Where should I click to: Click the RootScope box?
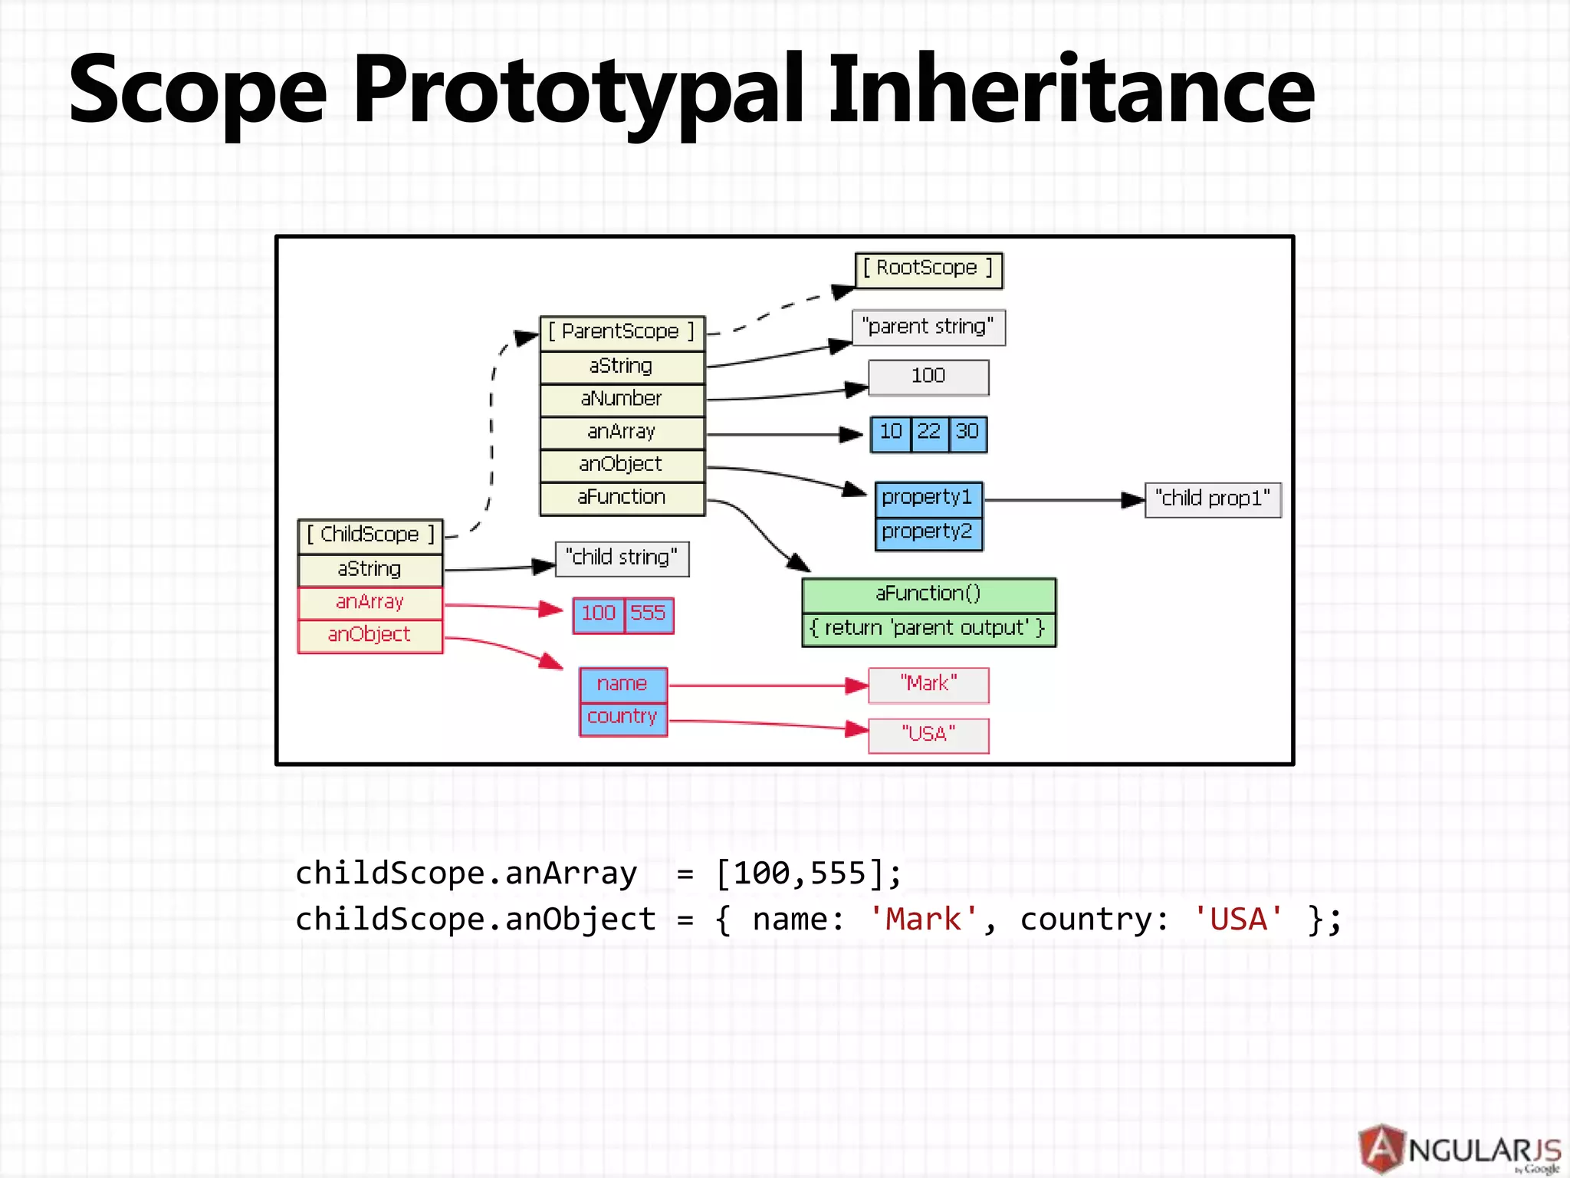tap(928, 269)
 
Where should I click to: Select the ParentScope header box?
tap(622, 332)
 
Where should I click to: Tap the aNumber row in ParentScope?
tap(622, 399)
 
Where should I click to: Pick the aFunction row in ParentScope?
tap(622, 498)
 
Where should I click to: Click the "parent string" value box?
tap(928, 327)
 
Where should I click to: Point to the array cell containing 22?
tap(929, 433)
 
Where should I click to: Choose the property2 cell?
tap(928, 532)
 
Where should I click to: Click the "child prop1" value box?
tap(1213, 499)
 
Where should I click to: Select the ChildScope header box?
tap(370, 535)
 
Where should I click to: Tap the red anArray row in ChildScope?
tap(370, 603)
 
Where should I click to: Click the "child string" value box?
tap(622, 558)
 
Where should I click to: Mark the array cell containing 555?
tap(649, 614)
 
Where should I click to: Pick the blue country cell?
tap(622, 718)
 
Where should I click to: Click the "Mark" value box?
tap(928, 684)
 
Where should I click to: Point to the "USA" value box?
tap(928, 735)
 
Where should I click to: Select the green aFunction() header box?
tap(928, 594)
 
